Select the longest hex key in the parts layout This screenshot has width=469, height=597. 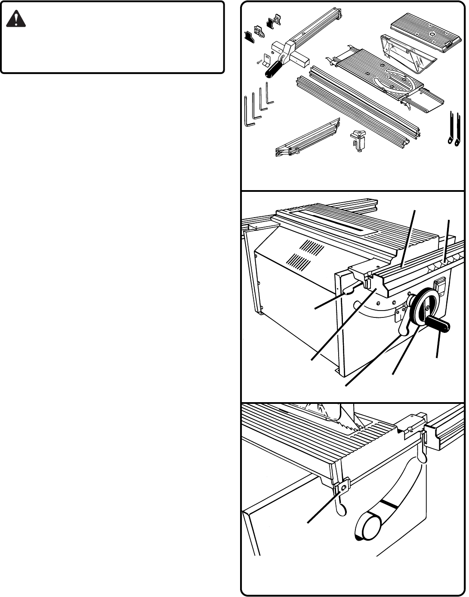pyautogui.click(x=248, y=113)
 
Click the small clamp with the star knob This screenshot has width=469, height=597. pyautogui.click(x=358, y=140)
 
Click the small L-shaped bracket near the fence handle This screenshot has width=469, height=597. pyautogui.click(x=267, y=60)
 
